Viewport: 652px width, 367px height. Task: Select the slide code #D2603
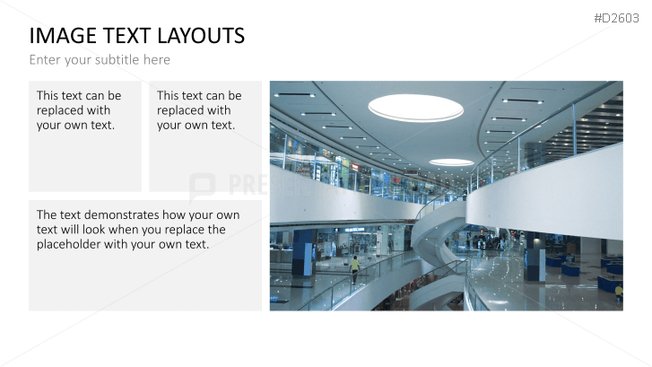click(x=616, y=18)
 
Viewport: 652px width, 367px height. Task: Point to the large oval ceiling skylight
click(x=415, y=108)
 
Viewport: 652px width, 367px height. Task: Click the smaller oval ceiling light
click(x=452, y=162)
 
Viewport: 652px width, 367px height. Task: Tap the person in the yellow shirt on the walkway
click(x=354, y=269)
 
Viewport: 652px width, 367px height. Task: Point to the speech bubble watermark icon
click(x=202, y=187)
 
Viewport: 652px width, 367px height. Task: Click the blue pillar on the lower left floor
click(x=302, y=253)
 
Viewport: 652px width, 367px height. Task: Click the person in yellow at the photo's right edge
click(x=619, y=293)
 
